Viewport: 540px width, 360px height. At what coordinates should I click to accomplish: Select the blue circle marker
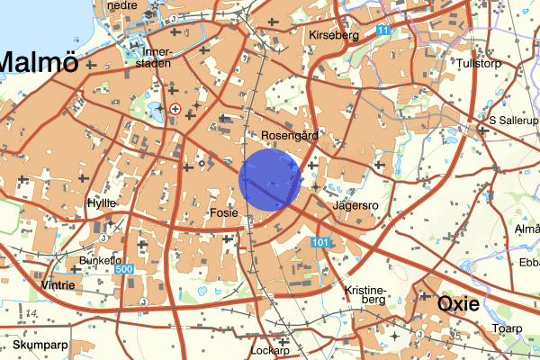pyautogui.click(x=270, y=180)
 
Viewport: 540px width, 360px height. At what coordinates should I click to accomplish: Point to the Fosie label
pyautogui.click(x=222, y=213)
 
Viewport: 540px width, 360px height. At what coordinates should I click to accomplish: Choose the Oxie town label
pyautogui.click(x=459, y=304)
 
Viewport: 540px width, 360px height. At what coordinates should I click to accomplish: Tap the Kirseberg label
pyautogui.click(x=333, y=36)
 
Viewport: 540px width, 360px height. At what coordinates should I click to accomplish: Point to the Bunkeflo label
pyautogui.click(x=99, y=260)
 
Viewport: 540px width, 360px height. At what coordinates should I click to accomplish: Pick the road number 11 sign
pyautogui.click(x=384, y=31)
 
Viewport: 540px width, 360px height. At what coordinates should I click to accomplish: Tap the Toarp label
pyautogui.click(x=507, y=328)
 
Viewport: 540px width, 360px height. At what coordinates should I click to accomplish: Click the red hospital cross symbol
pyautogui.click(x=175, y=108)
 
